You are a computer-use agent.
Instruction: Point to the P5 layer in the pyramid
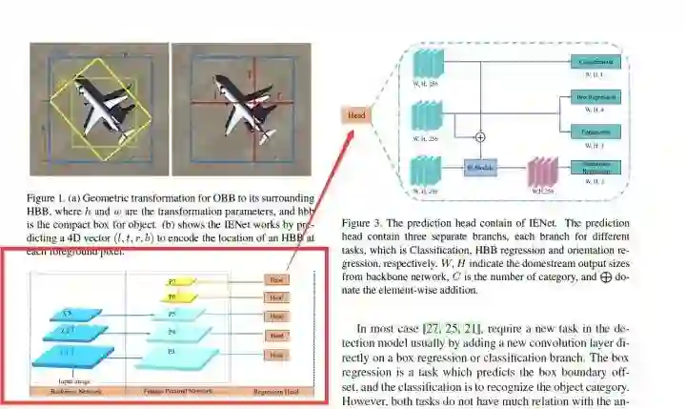click(172, 315)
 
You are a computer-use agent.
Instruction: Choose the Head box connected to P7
click(276, 281)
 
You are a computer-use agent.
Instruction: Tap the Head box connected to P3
click(276, 355)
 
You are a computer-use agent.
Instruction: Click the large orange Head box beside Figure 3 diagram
click(356, 115)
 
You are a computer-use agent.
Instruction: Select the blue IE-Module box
click(480, 170)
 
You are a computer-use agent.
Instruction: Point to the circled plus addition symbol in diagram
click(480, 137)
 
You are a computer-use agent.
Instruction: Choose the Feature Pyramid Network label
click(178, 392)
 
